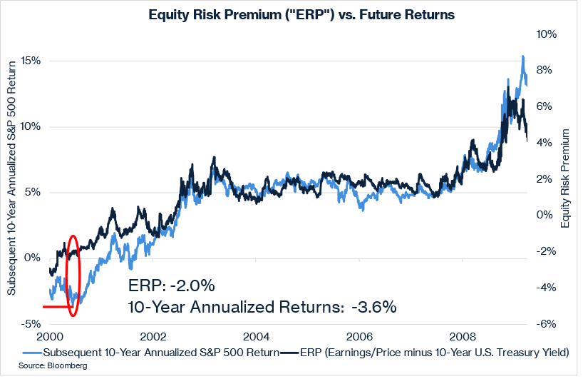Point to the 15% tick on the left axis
click(30, 61)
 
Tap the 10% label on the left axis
click(30, 126)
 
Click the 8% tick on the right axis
click(545, 70)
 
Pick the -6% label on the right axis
click(545, 323)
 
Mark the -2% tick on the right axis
click(545, 251)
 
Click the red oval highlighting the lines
click(73, 275)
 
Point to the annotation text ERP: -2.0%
click(171, 285)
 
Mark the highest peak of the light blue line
click(523, 56)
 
